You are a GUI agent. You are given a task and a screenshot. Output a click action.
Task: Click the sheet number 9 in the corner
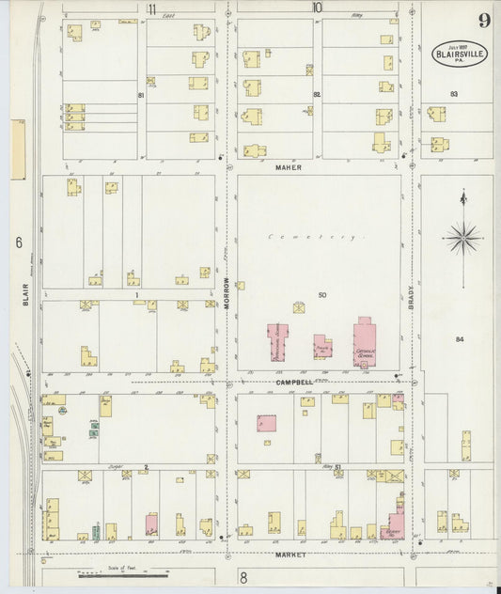click(481, 20)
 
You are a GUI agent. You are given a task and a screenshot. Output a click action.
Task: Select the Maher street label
click(287, 167)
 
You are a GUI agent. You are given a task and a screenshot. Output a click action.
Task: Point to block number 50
click(321, 296)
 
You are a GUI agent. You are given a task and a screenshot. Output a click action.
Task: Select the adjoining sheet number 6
click(18, 242)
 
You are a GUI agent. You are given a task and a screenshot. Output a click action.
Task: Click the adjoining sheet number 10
click(317, 8)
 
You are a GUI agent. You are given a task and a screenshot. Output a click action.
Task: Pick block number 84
click(460, 338)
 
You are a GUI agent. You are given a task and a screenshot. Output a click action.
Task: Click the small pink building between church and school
click(322, 346)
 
